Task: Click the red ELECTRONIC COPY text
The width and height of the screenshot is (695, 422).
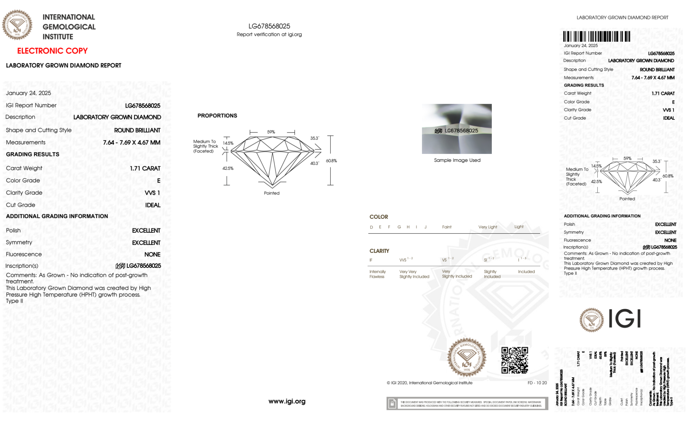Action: pos(52,51)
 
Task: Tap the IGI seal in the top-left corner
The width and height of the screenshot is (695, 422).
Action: pos(17,25)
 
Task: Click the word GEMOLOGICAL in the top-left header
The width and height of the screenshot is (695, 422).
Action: pos(69,27)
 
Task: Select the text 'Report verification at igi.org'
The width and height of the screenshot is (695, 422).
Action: pos(269,34)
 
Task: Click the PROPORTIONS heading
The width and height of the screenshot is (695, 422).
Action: pos(217,116)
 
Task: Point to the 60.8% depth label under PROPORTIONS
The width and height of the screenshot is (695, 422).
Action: pos(331,161)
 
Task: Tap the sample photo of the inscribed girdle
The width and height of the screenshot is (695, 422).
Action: pos(456,129)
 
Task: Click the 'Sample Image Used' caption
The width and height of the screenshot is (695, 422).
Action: pos(457,160)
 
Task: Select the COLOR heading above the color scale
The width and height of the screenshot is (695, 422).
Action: pos(379,217)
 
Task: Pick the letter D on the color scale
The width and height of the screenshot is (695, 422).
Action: pos(371,227)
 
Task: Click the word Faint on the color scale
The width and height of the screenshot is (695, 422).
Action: pos(447,227)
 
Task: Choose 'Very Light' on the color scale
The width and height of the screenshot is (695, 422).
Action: pos(488,227)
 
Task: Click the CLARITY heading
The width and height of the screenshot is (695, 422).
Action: pos(379,251)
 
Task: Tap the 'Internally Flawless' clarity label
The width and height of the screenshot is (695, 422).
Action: pos(377,274)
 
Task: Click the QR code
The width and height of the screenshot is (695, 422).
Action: pos(514,360)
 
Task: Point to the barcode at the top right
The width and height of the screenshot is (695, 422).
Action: pos(596,36)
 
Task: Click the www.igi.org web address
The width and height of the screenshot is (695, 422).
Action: pos(287,401)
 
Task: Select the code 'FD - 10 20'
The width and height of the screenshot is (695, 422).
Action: pos(537,383)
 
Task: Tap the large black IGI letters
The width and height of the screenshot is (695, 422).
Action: pos(624,318)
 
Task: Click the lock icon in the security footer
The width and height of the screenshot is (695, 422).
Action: pos(392,404)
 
